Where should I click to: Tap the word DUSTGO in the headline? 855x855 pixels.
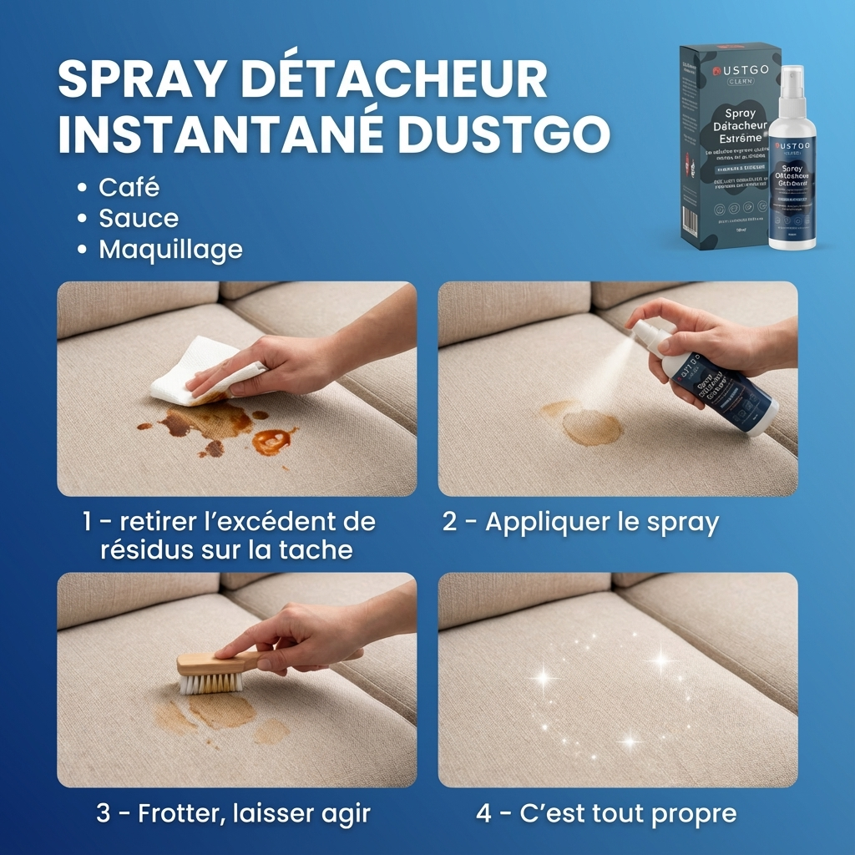pos(503,134)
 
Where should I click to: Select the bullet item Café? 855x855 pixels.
pos(129,187)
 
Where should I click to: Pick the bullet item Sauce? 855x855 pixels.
pos(139,219)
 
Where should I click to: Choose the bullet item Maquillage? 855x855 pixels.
pos(170,250)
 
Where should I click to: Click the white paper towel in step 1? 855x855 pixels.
pos(192,367)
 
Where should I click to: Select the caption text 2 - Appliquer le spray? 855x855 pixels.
pos(580,523)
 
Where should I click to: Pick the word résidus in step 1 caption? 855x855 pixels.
pos(147,550)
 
